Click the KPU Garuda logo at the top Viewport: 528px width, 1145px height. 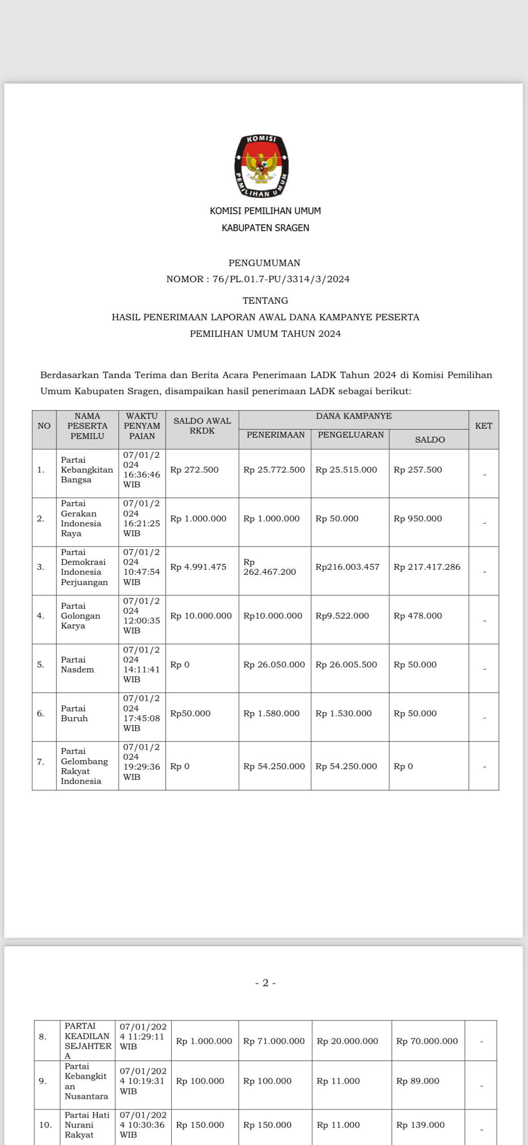[x=262, y=166]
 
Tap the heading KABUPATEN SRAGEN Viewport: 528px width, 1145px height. [x=265, y=228]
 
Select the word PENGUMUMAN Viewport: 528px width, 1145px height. [x=264, y=263]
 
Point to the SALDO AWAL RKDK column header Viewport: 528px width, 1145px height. [x=202, y=426]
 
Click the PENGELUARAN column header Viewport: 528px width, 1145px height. [x=351, y=435]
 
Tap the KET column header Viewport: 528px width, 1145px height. [x=483, y=426]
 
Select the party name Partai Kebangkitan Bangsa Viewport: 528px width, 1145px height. [x=87, y=469]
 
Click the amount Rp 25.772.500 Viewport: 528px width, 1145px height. [x=274, y=469]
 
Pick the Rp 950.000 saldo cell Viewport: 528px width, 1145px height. [x=417, y=518]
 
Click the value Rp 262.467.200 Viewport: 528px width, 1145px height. [x=270, y=567]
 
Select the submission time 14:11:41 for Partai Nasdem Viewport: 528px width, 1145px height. [x=142, y=669]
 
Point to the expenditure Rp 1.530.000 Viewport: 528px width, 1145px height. [x=343, y=713]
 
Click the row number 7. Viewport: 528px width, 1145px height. [x=41, y=762]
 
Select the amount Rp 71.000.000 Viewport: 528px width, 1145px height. [x=274, y=1041]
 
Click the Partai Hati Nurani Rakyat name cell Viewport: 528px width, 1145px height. [x=87, y=1124]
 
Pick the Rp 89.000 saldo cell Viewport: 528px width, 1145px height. [x=417, y=1080]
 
